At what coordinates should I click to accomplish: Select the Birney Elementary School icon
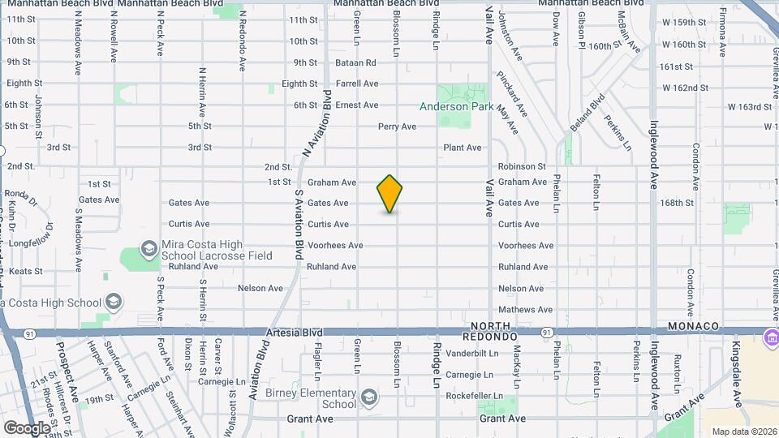pyautogui.click(x=369, y=396)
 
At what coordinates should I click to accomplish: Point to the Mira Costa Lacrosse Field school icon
pyautogui.click(x=148, y=247)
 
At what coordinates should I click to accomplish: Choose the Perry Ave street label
pyautogui.click(x=397, y=127)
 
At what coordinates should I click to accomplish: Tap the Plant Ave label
pyautogui.click(x=463, y=148)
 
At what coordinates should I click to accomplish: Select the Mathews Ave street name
pyautogui.click(x=526, y=309)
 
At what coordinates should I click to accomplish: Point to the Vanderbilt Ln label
pyautogui.click(x=471, y=354)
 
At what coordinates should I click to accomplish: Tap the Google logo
pyautogui.click(x=28, y=427)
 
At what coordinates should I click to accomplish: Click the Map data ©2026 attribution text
pyautogui.click(x=744, y=432)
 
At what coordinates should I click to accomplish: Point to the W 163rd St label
pyautogui.click(x=749, y=106)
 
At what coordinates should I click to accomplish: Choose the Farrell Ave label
pyautogui.click(x=358, y=84)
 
